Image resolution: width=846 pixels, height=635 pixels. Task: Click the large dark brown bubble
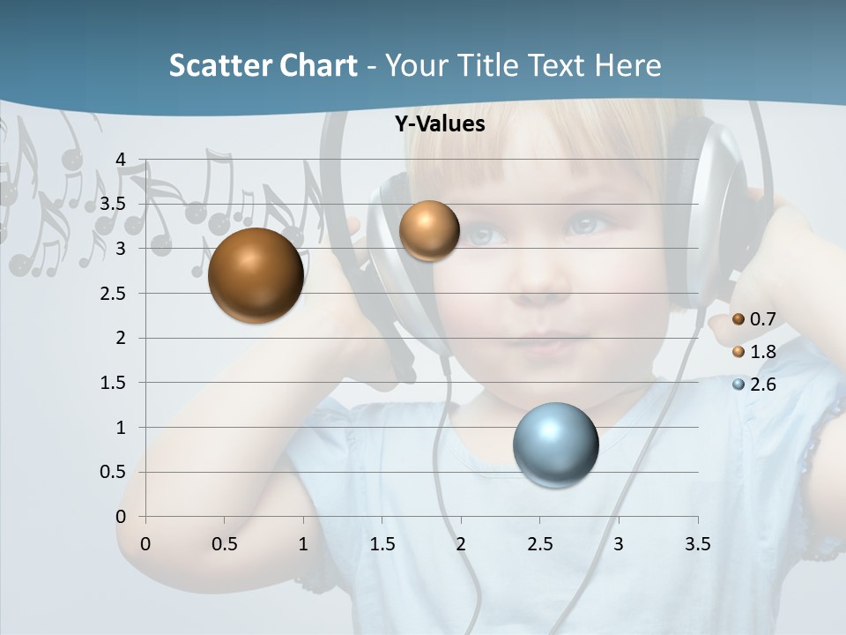(x=256, y=275)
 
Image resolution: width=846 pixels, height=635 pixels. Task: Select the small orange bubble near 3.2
(x=429, y=230)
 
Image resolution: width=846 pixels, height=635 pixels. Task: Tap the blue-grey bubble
(x=556, y=444)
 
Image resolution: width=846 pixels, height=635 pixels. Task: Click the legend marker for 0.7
(x=738, y=319)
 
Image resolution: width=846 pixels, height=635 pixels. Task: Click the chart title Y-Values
(x=440, y=124)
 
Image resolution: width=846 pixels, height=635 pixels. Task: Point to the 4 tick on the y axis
(x=121, y=159)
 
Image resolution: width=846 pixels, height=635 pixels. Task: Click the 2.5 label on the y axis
(x=113, y=293)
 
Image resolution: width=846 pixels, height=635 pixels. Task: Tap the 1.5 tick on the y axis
(x=113, y=383)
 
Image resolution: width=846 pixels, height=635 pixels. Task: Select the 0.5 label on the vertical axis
(x=113, y=472)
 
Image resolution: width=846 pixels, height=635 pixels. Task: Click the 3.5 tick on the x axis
(x=697, y=544)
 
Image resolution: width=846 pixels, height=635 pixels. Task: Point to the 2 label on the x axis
(x=461, y=544)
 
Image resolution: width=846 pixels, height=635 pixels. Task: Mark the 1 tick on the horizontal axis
(x=303, y=544)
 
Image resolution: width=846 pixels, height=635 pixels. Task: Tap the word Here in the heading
(x=627, y=66)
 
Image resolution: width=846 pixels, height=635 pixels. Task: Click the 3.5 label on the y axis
(x=113, y=204)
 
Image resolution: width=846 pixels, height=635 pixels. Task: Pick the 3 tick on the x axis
(x=619, y=544)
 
